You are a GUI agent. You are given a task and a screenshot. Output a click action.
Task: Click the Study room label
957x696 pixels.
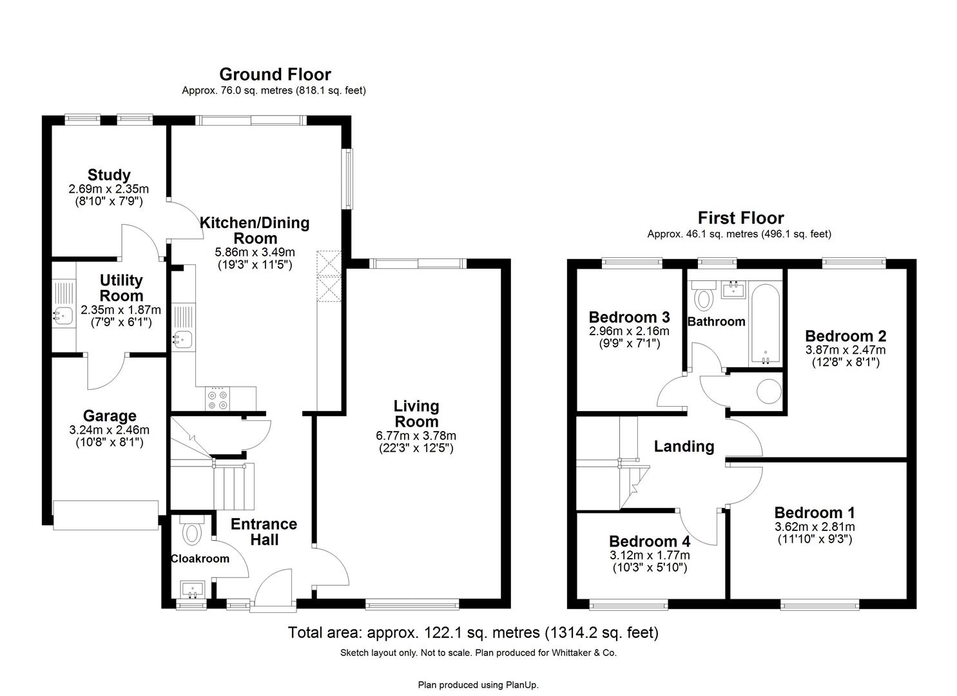109,175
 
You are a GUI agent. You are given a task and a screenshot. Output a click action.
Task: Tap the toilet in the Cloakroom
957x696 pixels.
191,532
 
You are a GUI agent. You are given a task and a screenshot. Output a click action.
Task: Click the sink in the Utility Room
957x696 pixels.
63,315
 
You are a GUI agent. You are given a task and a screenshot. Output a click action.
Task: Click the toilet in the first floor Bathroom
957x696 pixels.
704,298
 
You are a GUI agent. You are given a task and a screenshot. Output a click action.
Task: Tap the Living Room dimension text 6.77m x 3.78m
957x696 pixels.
416,436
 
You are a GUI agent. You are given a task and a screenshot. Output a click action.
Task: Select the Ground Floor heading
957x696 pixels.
275,74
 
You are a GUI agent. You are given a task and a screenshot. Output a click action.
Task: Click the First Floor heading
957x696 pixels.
740,218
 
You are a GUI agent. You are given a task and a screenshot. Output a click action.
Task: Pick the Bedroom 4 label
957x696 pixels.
649,541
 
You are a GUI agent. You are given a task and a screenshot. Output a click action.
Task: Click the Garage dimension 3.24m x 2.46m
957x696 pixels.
109,430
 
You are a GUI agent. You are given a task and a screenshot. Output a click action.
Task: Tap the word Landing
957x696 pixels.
684,446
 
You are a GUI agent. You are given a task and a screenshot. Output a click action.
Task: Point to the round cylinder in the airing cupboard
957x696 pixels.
768,391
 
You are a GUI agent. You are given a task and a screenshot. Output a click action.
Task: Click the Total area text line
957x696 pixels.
473,633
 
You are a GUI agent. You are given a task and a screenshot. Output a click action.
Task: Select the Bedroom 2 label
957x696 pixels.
845,336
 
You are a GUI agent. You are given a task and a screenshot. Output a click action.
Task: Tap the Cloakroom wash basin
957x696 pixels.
193,588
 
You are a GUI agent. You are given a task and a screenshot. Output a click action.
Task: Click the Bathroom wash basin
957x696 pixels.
733,289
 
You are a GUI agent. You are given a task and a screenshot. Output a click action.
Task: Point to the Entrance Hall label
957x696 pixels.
264,532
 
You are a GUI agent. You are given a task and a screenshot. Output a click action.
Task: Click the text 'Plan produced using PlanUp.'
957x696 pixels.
478,684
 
